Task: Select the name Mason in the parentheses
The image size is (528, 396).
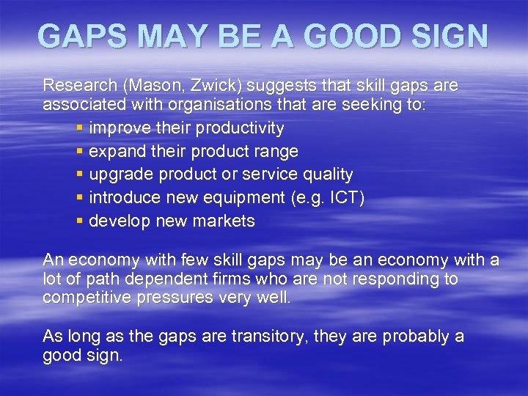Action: [x=150, y=86]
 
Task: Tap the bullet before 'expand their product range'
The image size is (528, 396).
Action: [x=80, y=152]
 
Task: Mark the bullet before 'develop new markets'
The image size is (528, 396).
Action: [x=80, y=221]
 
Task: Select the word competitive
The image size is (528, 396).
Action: [x=84, y=298]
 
